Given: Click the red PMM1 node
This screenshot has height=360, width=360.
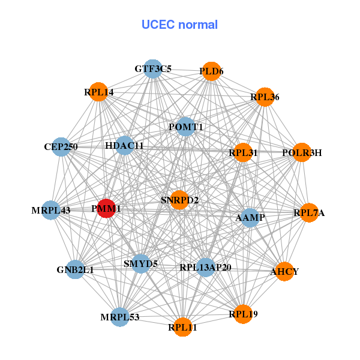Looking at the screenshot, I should click(106, 208).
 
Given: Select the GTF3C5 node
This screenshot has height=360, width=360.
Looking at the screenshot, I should click(153, 69).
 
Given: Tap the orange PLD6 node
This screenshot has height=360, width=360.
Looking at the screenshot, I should click(211, 71).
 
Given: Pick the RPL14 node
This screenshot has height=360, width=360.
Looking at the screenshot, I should click(98, 92).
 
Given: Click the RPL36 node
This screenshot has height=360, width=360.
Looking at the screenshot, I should click(265, 97).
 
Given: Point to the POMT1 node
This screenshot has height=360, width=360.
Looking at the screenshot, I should click(185, 127).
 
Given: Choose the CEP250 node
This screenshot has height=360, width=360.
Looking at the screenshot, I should click(61, 146).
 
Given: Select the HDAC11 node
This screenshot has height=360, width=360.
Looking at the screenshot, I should click(124, 146).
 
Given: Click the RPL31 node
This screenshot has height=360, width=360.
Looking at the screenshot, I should click(243, 152).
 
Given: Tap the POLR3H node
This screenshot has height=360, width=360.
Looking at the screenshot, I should click(302, 152).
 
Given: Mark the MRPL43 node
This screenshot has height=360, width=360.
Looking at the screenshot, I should click(51, 210).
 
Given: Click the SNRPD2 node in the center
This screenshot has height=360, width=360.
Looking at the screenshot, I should click(180, 199).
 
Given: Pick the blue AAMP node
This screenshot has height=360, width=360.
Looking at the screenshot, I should click(250, 217).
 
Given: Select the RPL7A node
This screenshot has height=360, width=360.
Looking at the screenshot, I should click(309, 212).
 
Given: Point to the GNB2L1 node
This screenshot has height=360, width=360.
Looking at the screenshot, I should click(75, 269).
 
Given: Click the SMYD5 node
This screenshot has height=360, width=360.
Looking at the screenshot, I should click(140, 263).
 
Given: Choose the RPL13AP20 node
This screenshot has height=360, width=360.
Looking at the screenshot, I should click(205, 266).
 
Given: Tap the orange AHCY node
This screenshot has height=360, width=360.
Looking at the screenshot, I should click(284, 272).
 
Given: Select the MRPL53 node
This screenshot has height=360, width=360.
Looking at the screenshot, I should click(119, 317).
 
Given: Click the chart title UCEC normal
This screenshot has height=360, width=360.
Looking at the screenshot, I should click(179, 25).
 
